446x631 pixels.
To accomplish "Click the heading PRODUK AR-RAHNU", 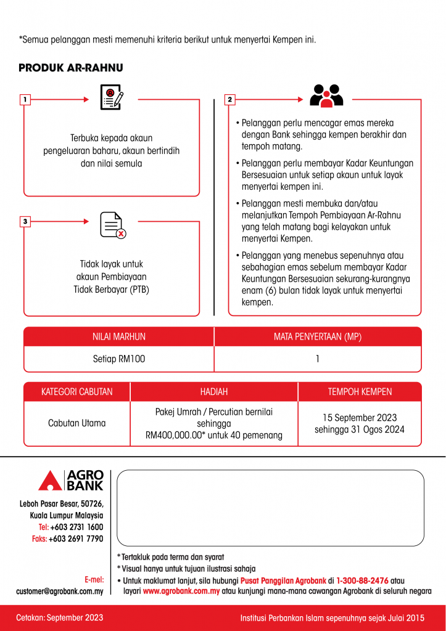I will tap(71, 68).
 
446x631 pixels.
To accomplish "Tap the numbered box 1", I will tap(25, 99).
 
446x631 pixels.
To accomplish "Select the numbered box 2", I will tap(229, 99).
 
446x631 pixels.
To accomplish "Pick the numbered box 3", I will tap(25, 221).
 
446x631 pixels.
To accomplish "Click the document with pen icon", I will tap(112, 97).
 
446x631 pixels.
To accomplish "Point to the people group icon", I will tap(326, 96).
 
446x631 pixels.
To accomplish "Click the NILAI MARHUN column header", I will tap(119, 336).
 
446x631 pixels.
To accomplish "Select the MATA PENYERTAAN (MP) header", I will tap(317, 336).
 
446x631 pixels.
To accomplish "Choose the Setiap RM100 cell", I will tap(119, 359).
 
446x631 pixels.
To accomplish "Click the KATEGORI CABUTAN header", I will tap(77, 392).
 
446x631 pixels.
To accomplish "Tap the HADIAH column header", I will tap(214, 392).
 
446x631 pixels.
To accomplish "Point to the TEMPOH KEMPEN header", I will tap(360, 392).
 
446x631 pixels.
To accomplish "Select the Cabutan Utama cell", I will tap(77, 423).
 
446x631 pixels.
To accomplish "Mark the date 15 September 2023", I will tap(360, 418).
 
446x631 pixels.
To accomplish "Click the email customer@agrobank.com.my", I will tap(60, 592).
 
